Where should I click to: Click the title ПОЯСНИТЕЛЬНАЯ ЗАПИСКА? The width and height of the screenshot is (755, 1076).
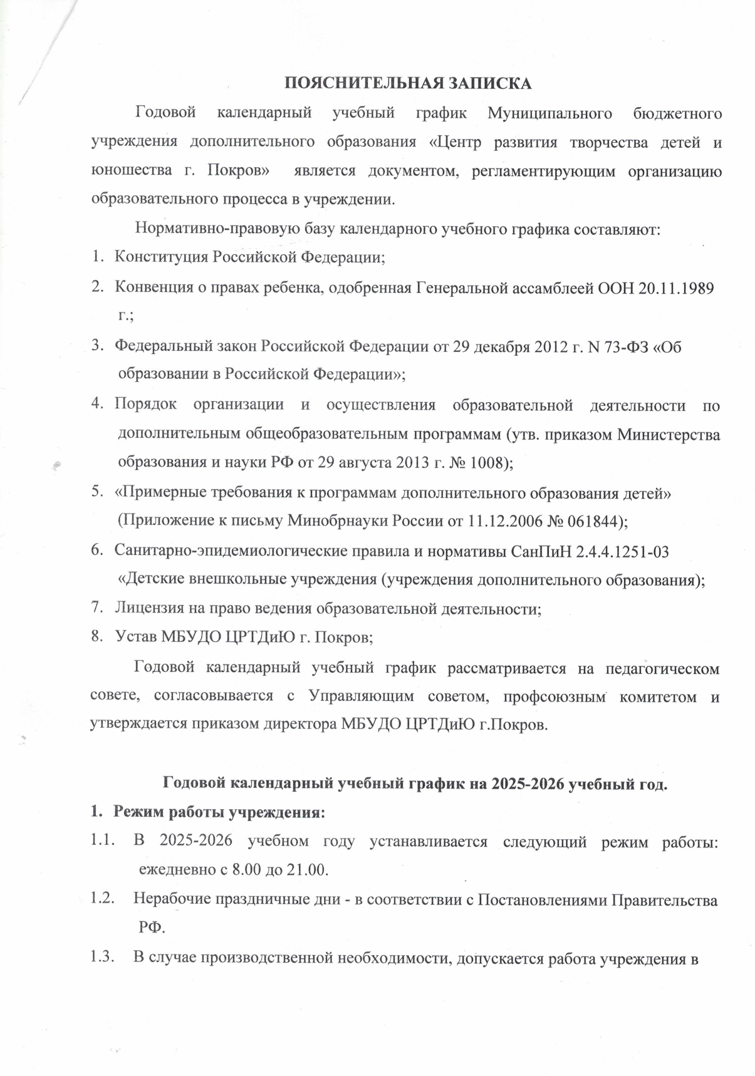click(408, 83)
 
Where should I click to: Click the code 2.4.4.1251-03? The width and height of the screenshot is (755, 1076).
click(607, 551)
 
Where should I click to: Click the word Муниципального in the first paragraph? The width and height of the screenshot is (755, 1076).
click(549, 113)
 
